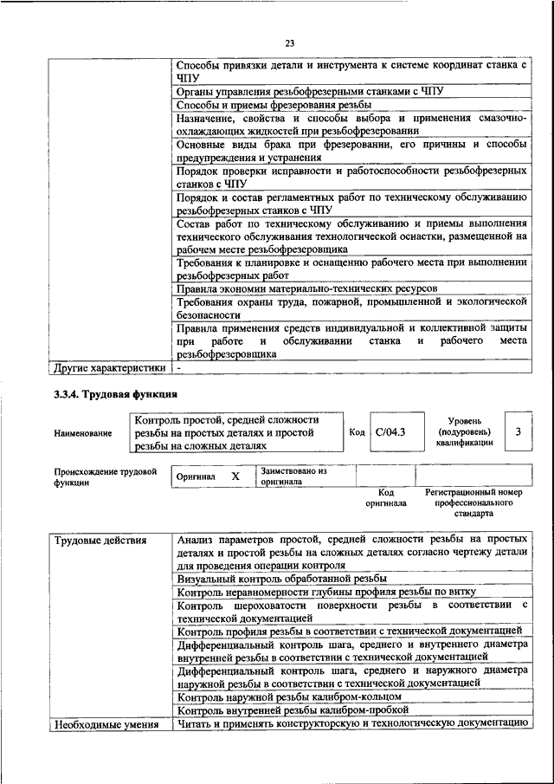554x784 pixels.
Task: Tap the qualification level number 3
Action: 517,431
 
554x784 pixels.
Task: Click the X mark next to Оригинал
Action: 235,476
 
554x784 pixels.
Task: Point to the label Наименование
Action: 83,432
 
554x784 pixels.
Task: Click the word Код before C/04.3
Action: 356,431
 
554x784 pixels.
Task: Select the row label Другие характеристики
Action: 109,367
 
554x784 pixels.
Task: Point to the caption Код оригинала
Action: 385,497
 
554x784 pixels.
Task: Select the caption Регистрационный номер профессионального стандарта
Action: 473,502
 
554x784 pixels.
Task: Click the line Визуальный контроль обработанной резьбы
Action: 281,578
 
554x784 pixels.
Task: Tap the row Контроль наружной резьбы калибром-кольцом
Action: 288,696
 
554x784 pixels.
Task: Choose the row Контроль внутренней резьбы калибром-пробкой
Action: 293,709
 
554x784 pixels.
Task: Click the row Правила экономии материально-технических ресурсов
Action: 306,287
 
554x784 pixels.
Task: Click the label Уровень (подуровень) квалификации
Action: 465,431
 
